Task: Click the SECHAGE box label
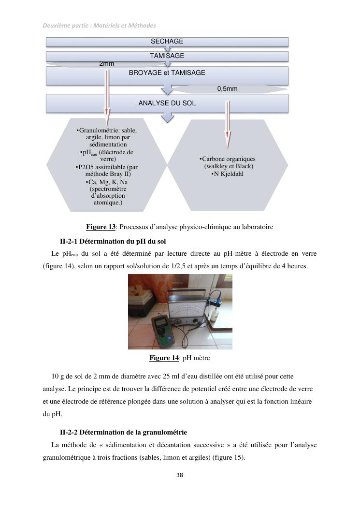point(167,42)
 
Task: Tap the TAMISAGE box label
point(167,56)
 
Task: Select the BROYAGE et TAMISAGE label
point(167,73)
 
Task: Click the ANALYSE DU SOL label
point(167,103)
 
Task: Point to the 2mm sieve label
point(106,63)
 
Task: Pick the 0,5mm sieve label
point(227,89)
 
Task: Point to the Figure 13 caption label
point(101,227)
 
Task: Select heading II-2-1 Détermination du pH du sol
point(113,241)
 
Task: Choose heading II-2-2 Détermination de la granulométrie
point(123,432)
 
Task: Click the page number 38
point(180,475)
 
